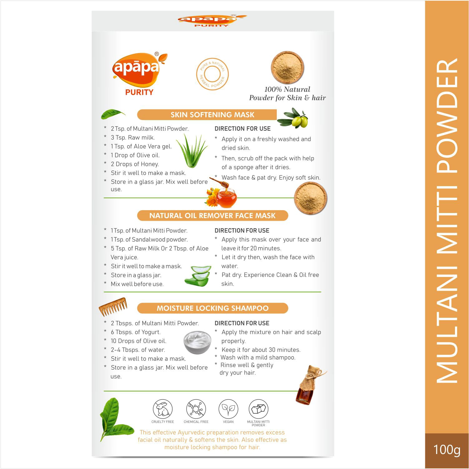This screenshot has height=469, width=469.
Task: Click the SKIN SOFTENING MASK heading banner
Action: (x=212, y=115)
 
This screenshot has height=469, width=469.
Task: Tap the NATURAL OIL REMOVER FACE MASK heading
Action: (x=212, y=215)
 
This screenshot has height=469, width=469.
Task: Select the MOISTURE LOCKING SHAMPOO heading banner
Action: (x=212, y=308)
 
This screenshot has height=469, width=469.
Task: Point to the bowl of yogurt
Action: (x=197, y=342)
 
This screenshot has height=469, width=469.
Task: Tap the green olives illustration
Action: (x=293, y=118)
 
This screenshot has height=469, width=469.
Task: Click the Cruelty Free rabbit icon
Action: (x=163, y=409)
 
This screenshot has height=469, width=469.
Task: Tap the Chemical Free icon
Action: (x=196, y=409)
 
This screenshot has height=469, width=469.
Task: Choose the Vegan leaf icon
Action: (x=228, y=409)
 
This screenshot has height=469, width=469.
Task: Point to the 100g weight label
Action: (x=447, y=450)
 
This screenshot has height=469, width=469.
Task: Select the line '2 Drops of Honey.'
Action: (x=135, y=164)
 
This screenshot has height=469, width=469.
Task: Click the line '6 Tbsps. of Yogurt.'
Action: (x=135, y=332)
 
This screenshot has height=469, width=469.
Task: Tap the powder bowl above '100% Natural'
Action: (x=287, y=67)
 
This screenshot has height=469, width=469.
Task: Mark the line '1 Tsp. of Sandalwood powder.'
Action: (x=149, y=239)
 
